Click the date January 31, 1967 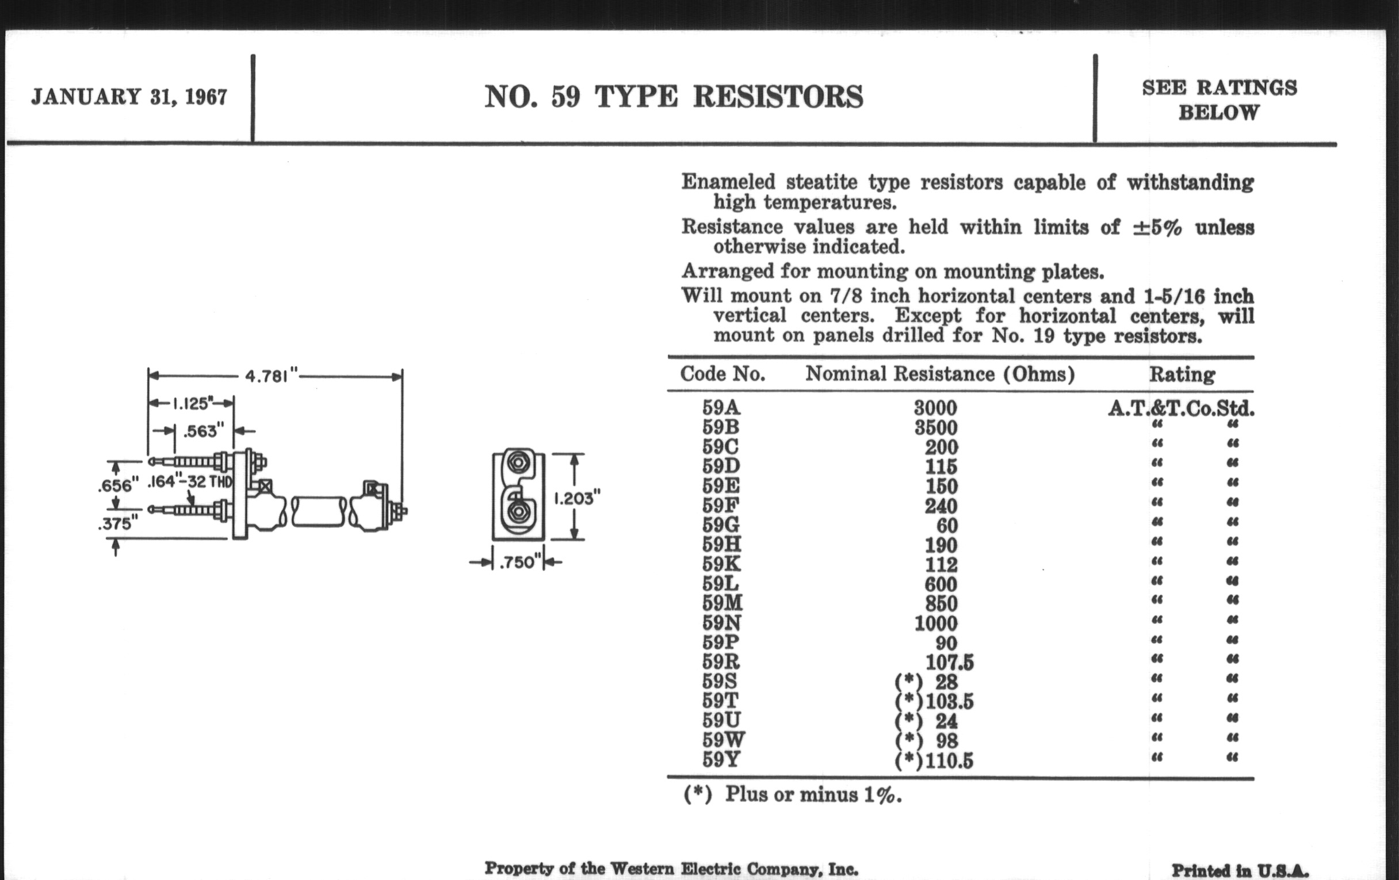point(129,97)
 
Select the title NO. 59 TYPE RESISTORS point(674,97)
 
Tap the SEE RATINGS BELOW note point(1220,100)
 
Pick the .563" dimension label point(203,431)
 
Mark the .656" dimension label point(119,484)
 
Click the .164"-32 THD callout point(190,481)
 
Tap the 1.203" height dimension point(576,498)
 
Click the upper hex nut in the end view point(517,463)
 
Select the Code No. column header point(723,373)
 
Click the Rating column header point(1182,374)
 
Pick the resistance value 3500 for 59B point(935,427)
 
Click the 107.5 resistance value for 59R point(949,662)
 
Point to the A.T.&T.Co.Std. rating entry point(1181,408)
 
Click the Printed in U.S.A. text point(1240,871)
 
